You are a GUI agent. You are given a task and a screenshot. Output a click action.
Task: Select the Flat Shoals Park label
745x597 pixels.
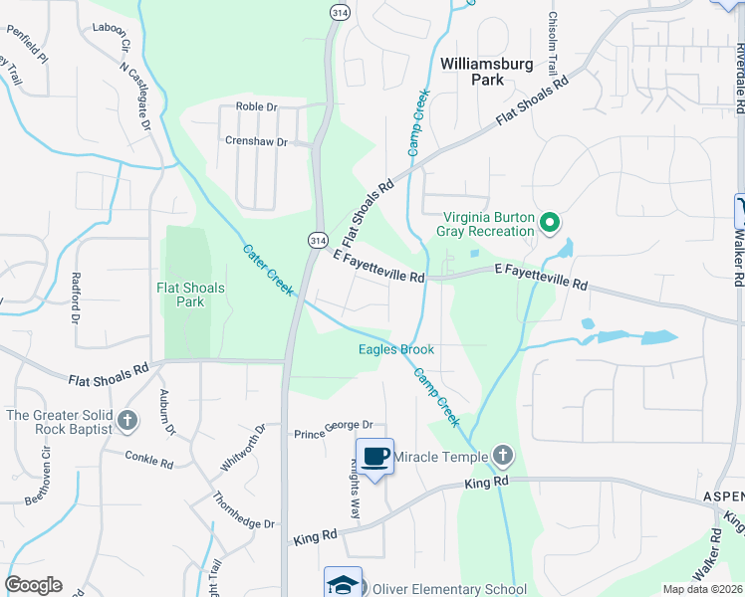(190, 295)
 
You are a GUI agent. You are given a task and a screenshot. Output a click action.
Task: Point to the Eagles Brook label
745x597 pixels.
(396, 349)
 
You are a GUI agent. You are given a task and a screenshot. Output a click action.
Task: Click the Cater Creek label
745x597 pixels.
(268, 270)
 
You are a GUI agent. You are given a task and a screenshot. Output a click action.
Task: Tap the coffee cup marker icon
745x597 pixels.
(375, 457)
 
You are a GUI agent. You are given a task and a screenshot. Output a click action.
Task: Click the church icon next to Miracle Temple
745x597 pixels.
(503, 457)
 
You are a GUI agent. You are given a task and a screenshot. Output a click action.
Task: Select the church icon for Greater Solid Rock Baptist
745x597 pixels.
(126, 421)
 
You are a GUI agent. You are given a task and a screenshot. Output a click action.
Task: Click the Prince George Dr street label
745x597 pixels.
(333, 433)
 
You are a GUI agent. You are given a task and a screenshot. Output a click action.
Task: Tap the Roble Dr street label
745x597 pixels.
(254, 106)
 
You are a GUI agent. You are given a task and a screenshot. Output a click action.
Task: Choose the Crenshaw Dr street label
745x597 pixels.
(255, 142)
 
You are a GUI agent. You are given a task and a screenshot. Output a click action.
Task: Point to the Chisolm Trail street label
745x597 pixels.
(552, 41)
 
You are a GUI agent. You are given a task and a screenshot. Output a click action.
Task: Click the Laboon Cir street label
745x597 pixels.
(112, 37)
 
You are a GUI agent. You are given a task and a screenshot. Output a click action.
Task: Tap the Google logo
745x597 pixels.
(33, 585)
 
